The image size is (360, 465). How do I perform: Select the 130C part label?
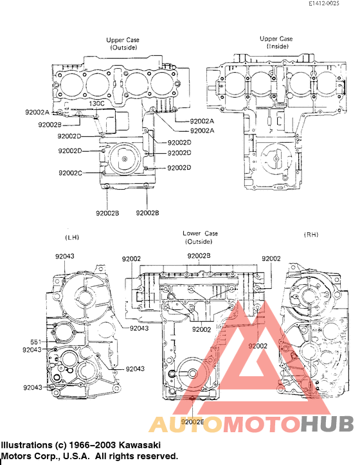(x=96, y=103)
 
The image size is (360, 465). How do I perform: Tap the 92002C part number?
(x=70, y=173)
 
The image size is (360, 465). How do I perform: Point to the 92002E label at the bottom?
(x=192, y=421)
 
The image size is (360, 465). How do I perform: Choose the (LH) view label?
(x=71, y=238)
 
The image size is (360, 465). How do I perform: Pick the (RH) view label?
(x=310, y=235)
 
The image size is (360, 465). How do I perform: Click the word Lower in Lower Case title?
(x=191, y=233)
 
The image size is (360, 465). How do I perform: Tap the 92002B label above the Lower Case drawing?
(x=199, y=256)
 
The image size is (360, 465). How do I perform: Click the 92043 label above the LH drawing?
(x=64, y=256)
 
